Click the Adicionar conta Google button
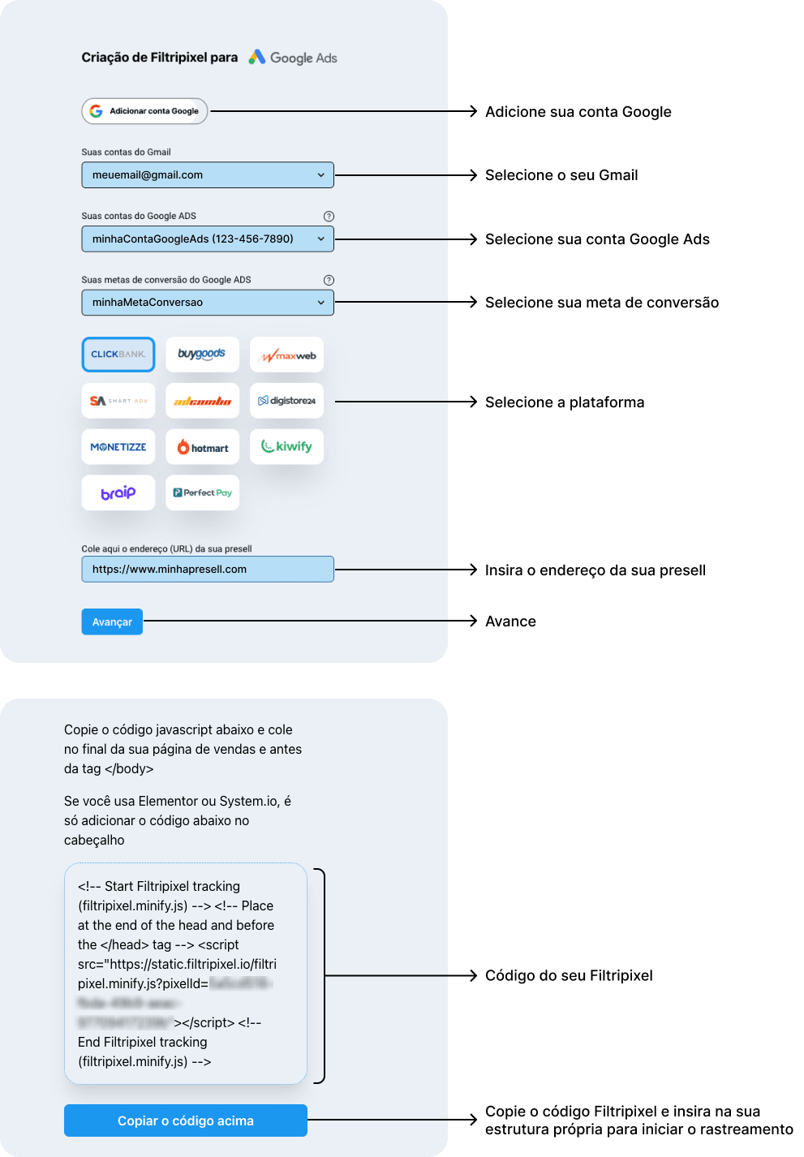coord(144,111)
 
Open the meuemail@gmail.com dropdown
coord(207,175)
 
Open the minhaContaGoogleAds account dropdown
coord(207,239)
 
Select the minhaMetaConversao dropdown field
coord(207,303)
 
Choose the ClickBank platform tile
coord(118,355)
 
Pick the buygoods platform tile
coord(202,355)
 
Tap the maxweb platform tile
coord(286,355)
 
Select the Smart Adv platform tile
coord(118,401)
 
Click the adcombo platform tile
coord(202,401)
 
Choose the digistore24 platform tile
coord(286,401)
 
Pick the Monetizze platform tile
coord(118,447)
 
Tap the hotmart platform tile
coord(202,447)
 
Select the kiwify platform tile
coord(286,447)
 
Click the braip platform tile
coord(118,492)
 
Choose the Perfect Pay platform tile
coord(202,492)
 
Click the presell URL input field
coord(207,570)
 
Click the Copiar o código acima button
coord(185,1120)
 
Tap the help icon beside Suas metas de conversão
coord(329,280)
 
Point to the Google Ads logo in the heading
coord(293,58)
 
